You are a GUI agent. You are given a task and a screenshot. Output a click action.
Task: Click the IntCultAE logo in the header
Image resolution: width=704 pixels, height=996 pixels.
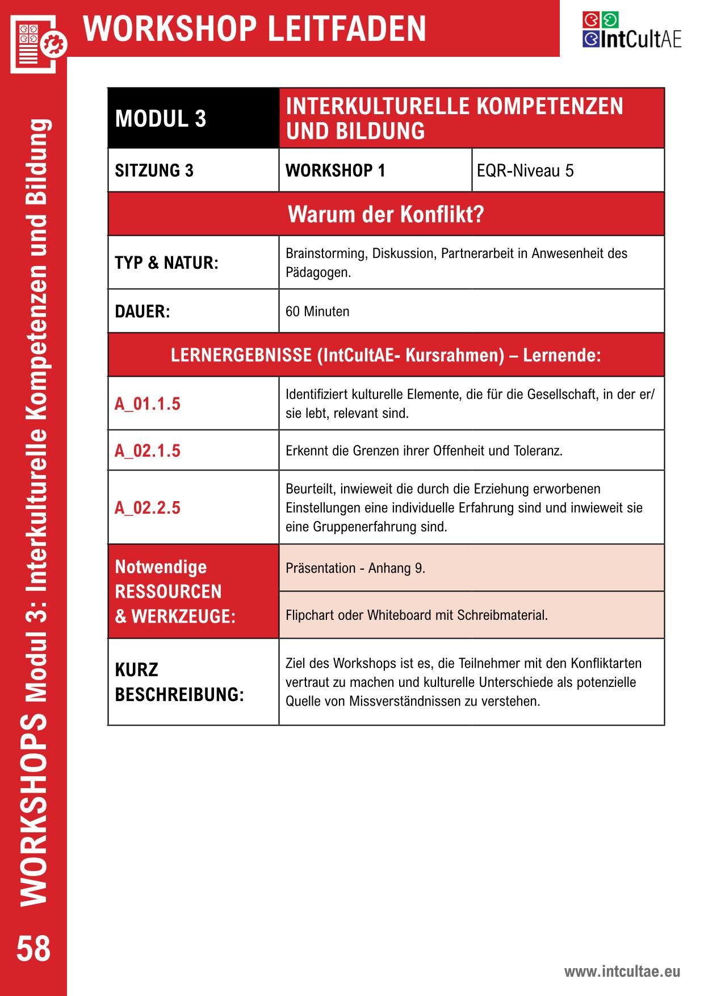click(631, 31)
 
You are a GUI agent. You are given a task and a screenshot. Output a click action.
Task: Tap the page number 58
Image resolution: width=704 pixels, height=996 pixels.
click(33, 948)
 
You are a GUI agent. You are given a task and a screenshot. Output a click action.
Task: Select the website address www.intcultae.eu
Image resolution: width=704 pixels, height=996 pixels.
click(622, 972)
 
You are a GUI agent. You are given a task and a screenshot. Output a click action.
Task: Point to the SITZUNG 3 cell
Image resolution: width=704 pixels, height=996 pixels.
click(154, 170)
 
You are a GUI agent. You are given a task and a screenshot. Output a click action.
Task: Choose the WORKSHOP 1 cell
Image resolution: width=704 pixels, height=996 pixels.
click(335, 170)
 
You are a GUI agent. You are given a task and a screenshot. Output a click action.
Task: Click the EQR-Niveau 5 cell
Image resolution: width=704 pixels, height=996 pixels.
click(525, 170)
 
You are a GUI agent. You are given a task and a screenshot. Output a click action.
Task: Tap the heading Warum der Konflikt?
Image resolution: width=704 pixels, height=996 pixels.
click(385, 214)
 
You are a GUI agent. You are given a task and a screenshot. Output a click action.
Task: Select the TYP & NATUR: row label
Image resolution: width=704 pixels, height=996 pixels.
click(166, 263)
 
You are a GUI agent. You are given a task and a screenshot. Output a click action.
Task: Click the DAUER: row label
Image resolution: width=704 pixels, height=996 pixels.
click(143, 311)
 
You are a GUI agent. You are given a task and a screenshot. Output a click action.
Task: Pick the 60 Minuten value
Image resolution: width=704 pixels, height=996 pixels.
click(317, 311)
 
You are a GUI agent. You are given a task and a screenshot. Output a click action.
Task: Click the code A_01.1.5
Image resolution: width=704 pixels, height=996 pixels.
click(148, 404)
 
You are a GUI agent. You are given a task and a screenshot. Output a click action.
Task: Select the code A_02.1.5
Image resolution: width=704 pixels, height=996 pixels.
click(148, 451)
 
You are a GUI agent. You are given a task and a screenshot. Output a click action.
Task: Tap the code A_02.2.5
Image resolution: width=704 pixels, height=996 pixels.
click(148, 507)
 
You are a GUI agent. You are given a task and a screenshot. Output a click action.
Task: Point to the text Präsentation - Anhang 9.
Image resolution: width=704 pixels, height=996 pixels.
click(355, 568)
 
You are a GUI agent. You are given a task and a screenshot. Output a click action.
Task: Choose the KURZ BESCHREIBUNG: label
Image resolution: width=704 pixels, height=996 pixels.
click(179, 682)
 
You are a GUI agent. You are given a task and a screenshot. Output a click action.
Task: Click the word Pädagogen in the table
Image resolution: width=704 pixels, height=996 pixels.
click(316, 273)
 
